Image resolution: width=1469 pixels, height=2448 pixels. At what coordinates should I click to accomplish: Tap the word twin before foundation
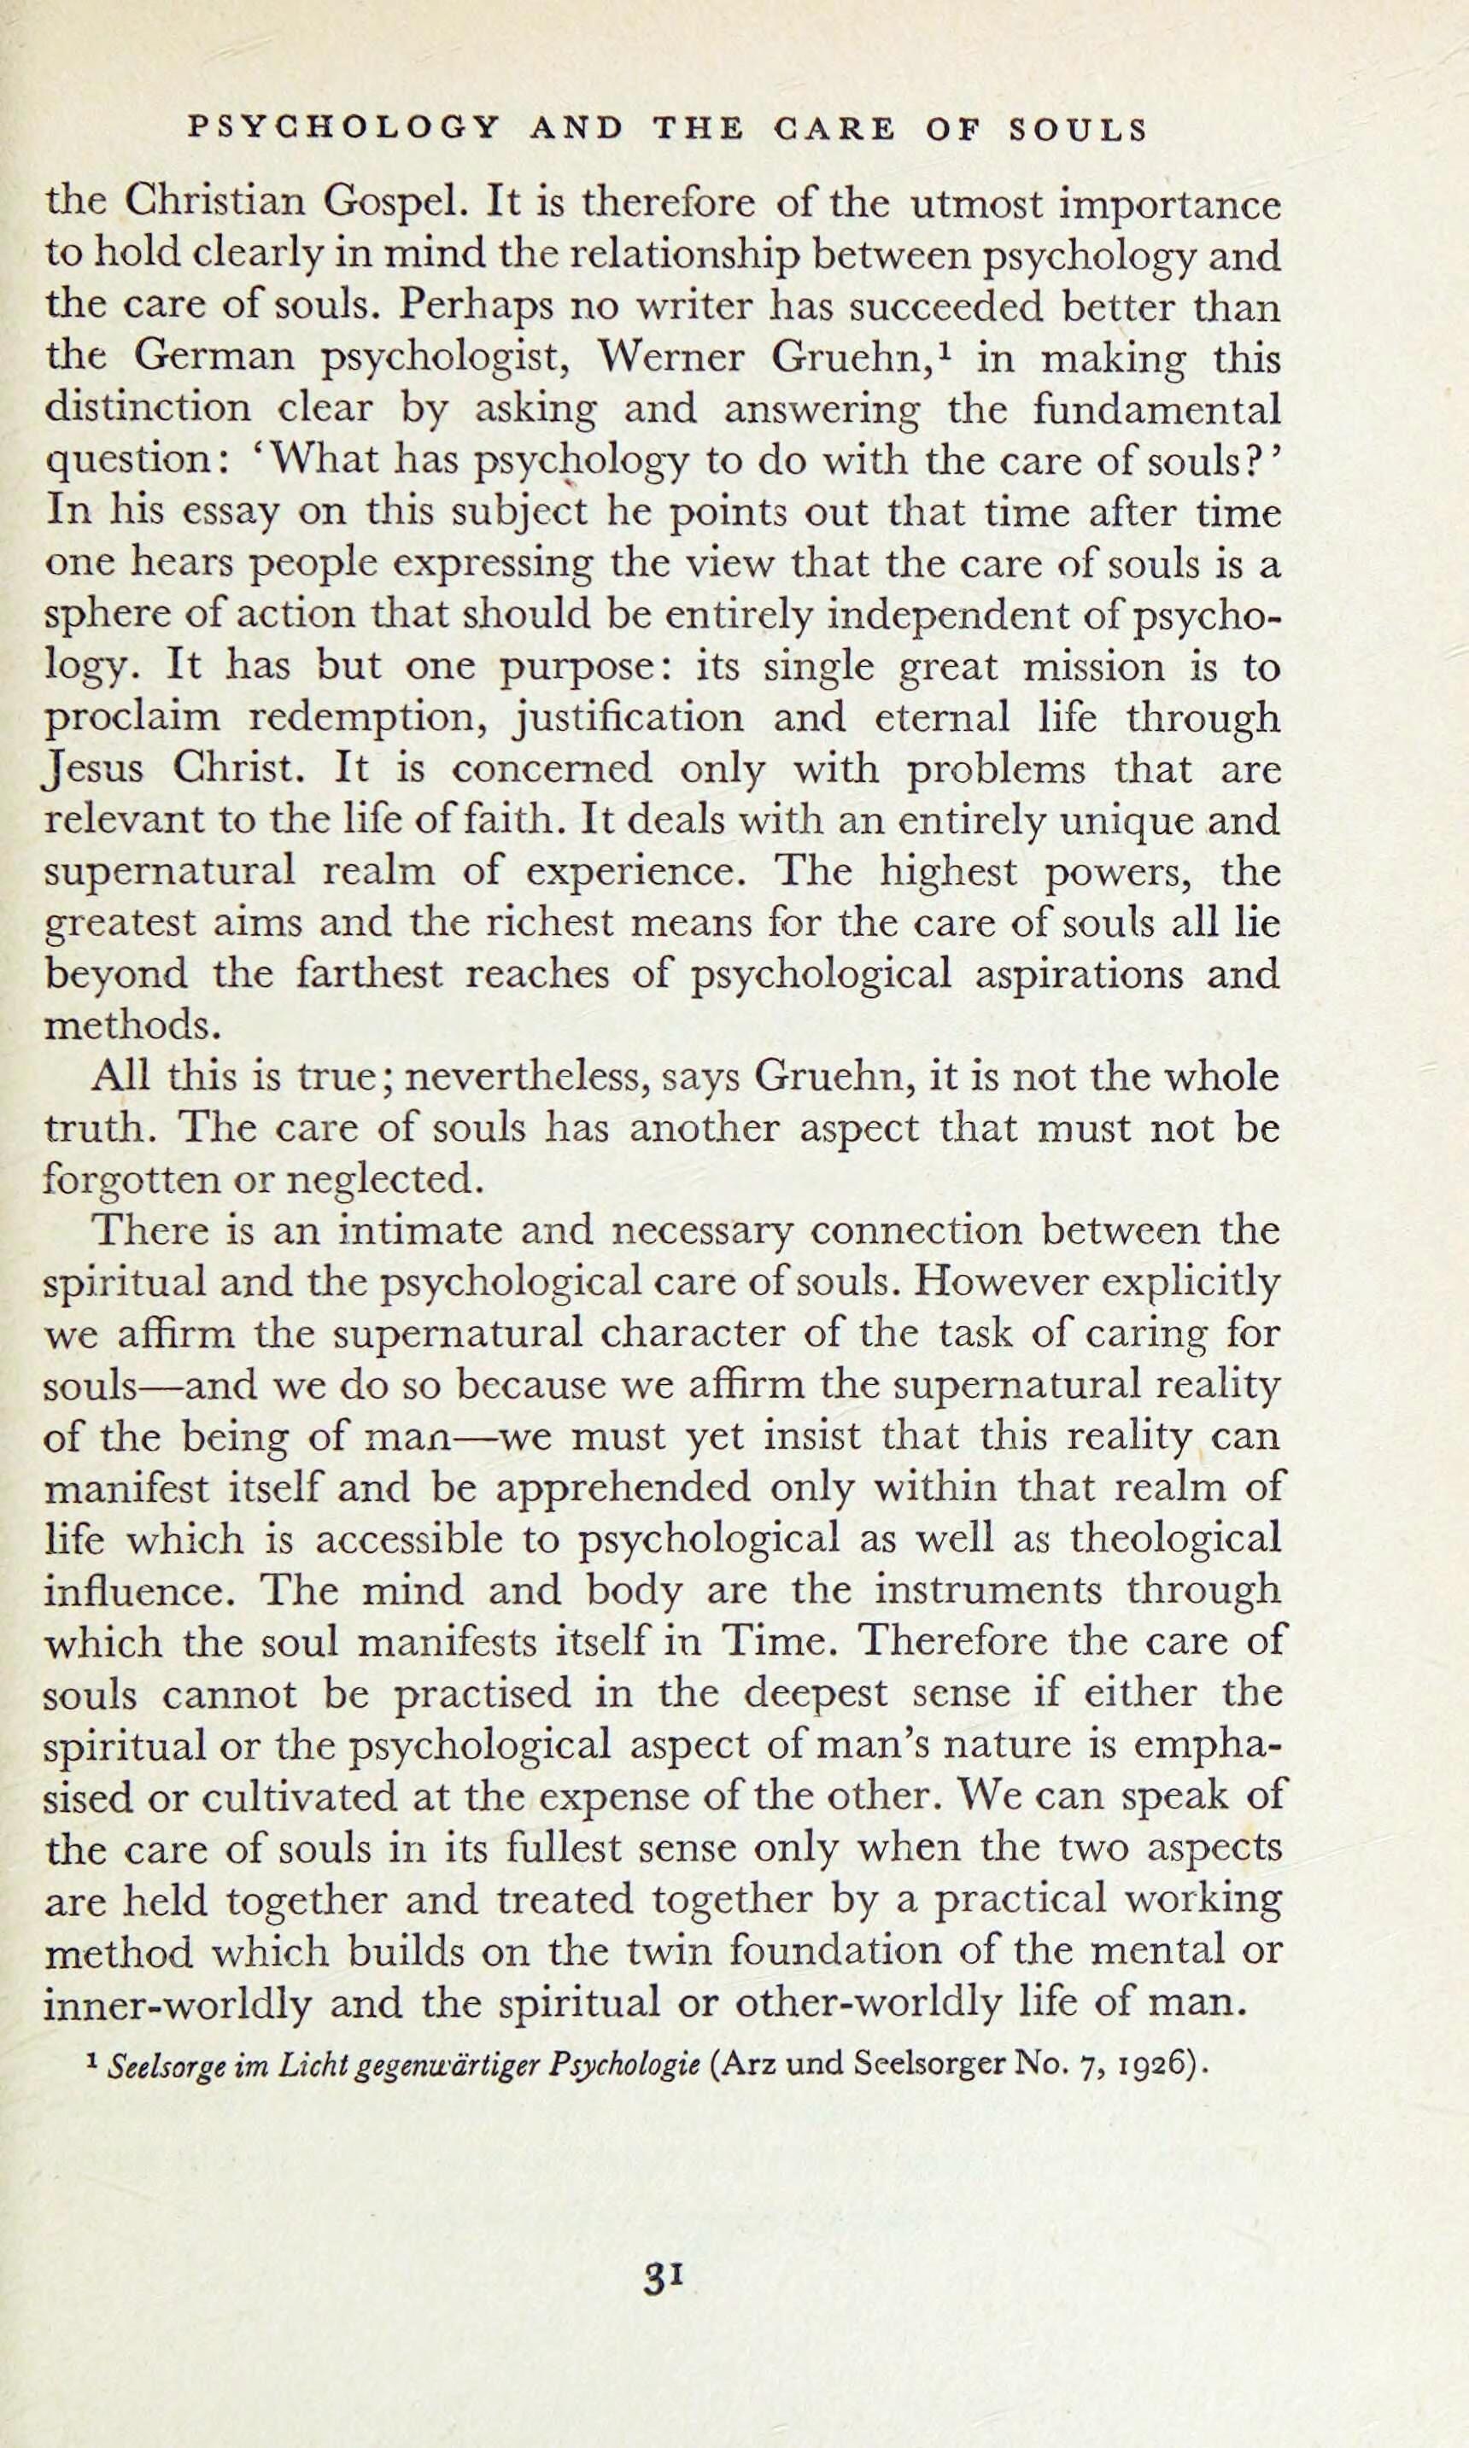click(674, 1950)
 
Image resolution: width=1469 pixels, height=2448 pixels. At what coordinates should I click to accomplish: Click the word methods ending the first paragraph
click(130, 1026)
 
